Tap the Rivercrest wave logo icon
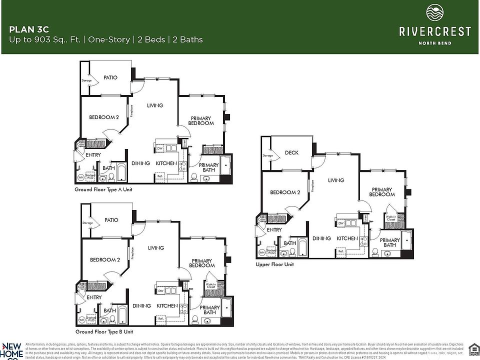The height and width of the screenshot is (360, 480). (434, 12)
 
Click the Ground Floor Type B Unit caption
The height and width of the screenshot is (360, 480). (104, 331)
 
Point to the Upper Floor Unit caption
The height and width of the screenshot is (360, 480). (274, 264)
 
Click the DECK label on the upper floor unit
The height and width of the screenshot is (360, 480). (291, 153)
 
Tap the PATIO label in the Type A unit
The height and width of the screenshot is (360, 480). (110, 77)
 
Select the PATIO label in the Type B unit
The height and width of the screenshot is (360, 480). (111, 220)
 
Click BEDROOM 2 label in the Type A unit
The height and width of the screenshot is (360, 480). (104, 117)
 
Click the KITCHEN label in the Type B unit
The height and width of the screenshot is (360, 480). (166, 305)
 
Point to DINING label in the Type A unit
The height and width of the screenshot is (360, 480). (141, 163)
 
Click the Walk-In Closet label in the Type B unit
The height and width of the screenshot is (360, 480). (210, 286)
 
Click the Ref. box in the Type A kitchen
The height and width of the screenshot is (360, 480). (160, 176)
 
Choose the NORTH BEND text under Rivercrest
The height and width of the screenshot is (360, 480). (434, 43)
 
